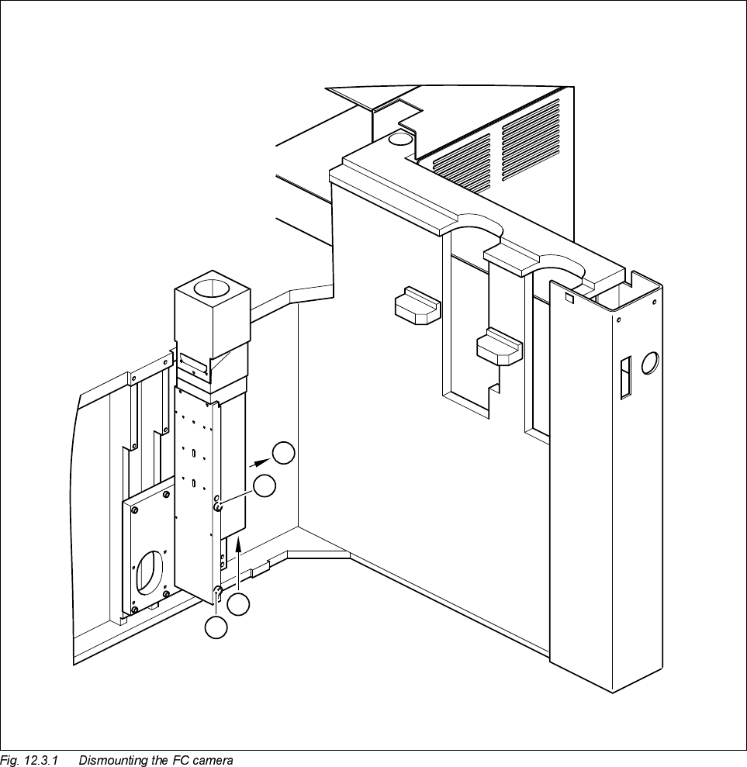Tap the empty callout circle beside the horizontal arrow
285,453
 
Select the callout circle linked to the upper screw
265,486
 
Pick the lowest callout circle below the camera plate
216,628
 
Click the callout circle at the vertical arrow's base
241,604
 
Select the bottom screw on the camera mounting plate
218,595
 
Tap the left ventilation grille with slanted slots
462,164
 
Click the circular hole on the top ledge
401,140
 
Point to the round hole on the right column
650,361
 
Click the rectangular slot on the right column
624,378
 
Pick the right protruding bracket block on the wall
500,347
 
